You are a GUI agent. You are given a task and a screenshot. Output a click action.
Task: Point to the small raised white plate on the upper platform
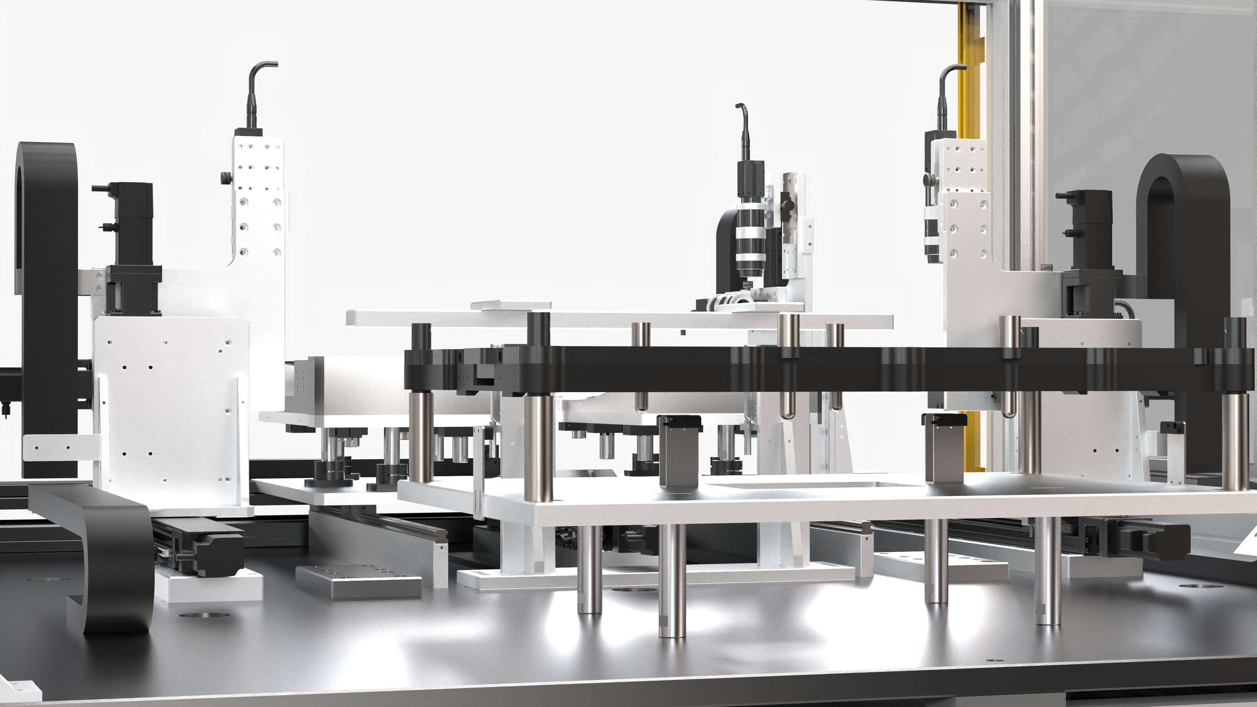pyautogui.click(x=510, y=305)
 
